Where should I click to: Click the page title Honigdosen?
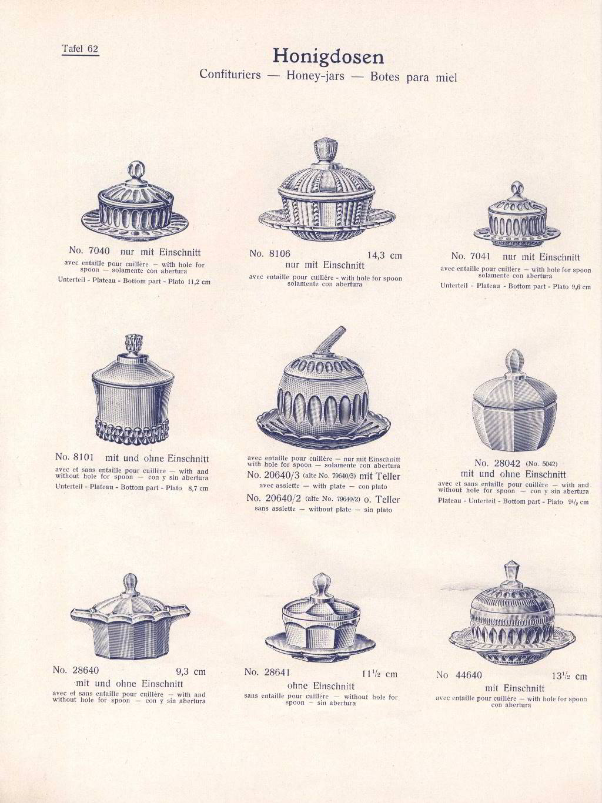coord(328,56)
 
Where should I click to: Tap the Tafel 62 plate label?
coord(80,49)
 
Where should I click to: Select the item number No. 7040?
coord(89,250)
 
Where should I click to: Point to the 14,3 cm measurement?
coord(384,255)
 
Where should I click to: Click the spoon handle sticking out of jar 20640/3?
coord(331,340)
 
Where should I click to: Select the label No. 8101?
coord(75,457)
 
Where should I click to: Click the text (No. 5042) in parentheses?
coord(541,464)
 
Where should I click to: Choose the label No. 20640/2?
coord(273,498)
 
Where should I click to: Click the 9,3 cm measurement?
coord(191,671)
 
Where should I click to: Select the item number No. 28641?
coord(267,672)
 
